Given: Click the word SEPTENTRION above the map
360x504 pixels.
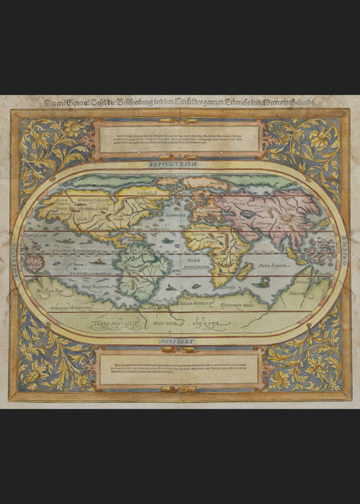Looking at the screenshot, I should (179, 163).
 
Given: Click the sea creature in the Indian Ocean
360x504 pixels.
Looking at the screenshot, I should (265, 280).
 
